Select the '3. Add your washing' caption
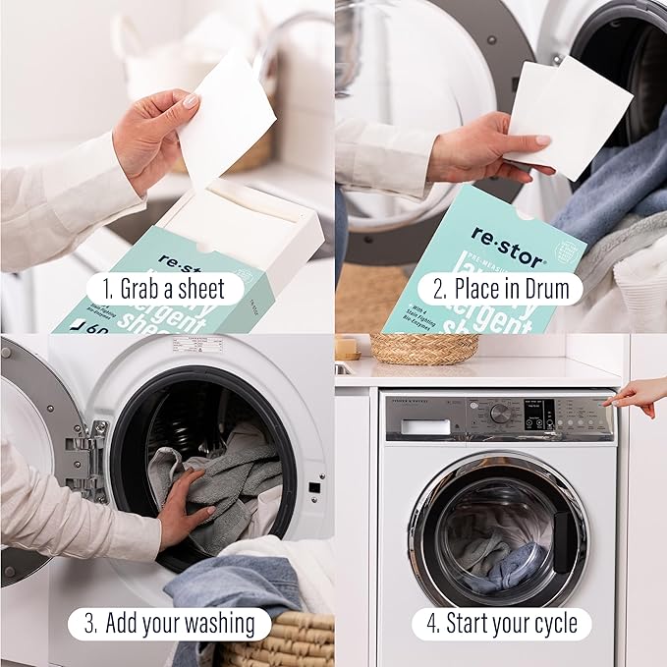coord(168,623)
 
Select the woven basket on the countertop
coord(423,348)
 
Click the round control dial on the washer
coord(501,413)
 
